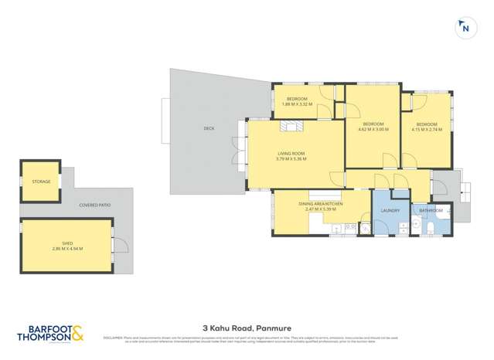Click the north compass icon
[465, 29]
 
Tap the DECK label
[209, 128]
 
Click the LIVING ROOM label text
[291, 153]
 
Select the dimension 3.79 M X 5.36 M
[291, 159]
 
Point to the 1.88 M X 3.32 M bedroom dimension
[298, 104]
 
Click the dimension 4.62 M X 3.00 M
[373, 129]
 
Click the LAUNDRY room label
[390, 210]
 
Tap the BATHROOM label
[431, 210]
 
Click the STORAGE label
[41, 182]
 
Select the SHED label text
[67, 242]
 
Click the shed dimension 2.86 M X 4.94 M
[67, 248]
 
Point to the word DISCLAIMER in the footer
[113, 337]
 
